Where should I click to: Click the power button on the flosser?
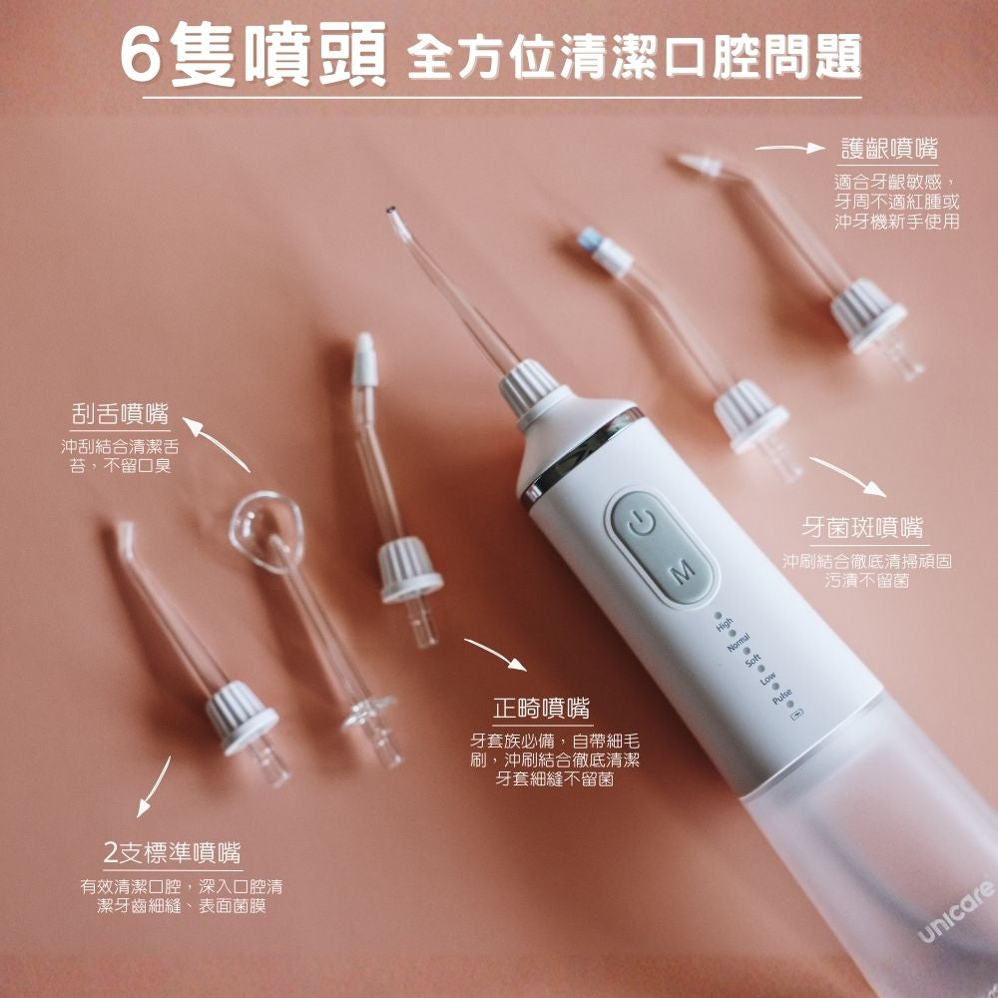pos(642,520)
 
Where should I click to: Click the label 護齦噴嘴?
pos(889,150)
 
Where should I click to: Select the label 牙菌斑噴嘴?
pos(863,526)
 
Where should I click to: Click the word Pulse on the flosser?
pos(781,694)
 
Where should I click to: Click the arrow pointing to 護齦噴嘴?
pos(793,149)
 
